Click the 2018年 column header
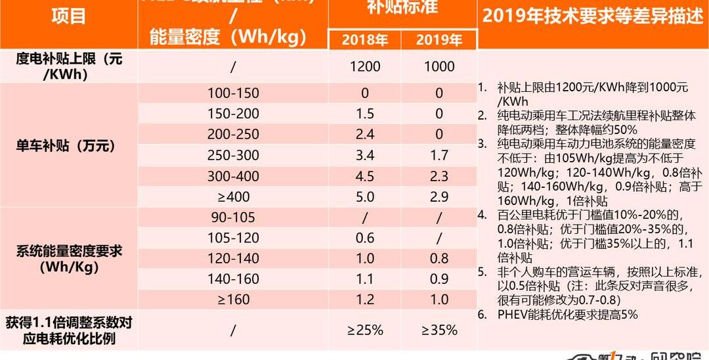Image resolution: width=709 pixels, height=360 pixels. pyautogui.click(x=365, y=39)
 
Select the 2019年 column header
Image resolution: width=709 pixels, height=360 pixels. pyautogui.click(x=439, y=39)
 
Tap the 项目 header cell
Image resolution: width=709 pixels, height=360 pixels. pyautogui.click(x=68, y=16)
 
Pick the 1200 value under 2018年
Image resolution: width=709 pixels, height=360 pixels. pyautogui.click(x=365, y=66)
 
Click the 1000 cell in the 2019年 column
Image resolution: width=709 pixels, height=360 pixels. pyautogui.click(x=439, y=66)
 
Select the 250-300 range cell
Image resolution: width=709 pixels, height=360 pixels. pyautogui.click(x=233, y=156)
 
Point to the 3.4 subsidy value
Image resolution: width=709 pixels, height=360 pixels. pyautogui.click(x=365, y=156)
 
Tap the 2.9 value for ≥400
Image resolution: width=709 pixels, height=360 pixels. pyautogui.click(x=439, y=196)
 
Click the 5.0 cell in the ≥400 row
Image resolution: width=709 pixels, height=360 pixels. pyautogui.click(x=365, y=196)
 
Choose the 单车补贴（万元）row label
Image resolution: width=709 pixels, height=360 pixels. pyautogui.click(x=68, y=146)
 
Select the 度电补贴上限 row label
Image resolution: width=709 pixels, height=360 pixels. pyautogui.click(x=68, y=66)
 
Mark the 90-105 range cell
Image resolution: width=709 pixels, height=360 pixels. pyautogui.click(x=233, y=217)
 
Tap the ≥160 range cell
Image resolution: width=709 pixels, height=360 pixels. pyautogui.click(x=233, y=300)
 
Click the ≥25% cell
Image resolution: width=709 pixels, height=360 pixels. pyautogui.click(x=365, y=330)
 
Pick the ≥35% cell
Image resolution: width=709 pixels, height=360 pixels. pyautogui.click(x=439, y=330)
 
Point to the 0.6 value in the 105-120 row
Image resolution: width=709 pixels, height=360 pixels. pyautogui.click(x=365, y=238)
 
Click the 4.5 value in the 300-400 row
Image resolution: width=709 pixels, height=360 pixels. pyautogui.click(x=365, y=176)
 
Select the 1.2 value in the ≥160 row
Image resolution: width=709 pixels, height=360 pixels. pyautogui.click(x=365, y=300)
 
